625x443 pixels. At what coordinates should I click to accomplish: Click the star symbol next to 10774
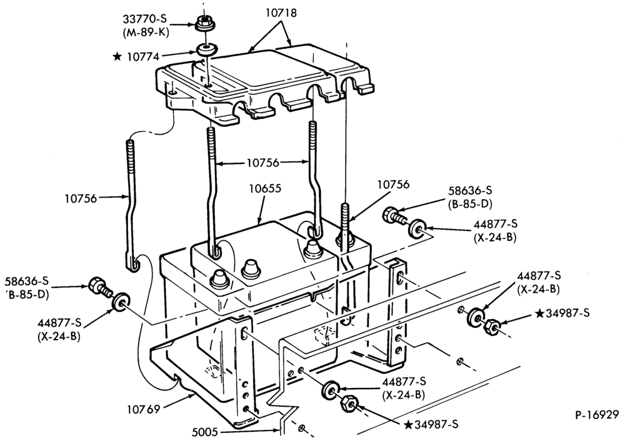(x=117, y=57)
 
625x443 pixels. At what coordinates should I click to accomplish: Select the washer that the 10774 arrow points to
(x=207, y=51)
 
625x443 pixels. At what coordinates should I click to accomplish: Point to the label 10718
(x=281, y=13)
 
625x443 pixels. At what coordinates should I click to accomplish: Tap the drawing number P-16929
(x=597, y=415)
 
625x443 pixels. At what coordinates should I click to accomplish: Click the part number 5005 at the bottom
(x=205, y=432)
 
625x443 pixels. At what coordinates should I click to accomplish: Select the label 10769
(x=144, y=409)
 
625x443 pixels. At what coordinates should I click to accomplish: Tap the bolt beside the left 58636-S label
(x=99, y=287)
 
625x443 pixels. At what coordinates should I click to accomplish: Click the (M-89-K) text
(x=146, y=33)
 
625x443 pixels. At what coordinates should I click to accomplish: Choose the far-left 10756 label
(x=81, y=198)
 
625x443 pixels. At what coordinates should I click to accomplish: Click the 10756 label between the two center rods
(x=262, y=163)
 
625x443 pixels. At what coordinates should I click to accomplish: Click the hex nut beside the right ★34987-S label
(x=491, y=326)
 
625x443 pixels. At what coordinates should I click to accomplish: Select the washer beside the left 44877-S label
(x=120, y=302)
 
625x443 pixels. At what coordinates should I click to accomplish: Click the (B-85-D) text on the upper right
(x=471, y=203)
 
